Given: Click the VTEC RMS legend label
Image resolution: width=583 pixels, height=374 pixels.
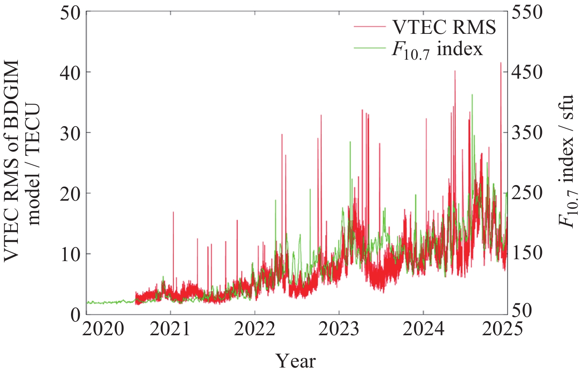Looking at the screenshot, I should pyautogui.click(x=444, y=27).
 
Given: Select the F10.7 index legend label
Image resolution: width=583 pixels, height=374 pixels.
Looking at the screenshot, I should pyautogui.click(x=437, y=50).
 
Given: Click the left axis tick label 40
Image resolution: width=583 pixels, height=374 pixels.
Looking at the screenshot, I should pyautogui.click(x=70, y=72).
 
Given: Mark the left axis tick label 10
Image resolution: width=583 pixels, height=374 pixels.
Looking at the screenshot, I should pyautogui.click(x=70, y=254).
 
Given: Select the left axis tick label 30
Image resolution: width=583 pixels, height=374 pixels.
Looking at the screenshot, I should pyautogui.click(x=70, y=133).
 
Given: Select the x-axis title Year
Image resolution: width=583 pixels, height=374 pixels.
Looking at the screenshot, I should pyautogui.click(x=295, y=361).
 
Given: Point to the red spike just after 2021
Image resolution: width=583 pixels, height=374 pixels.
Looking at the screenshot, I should pyautogui.click(x=173, y=212).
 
